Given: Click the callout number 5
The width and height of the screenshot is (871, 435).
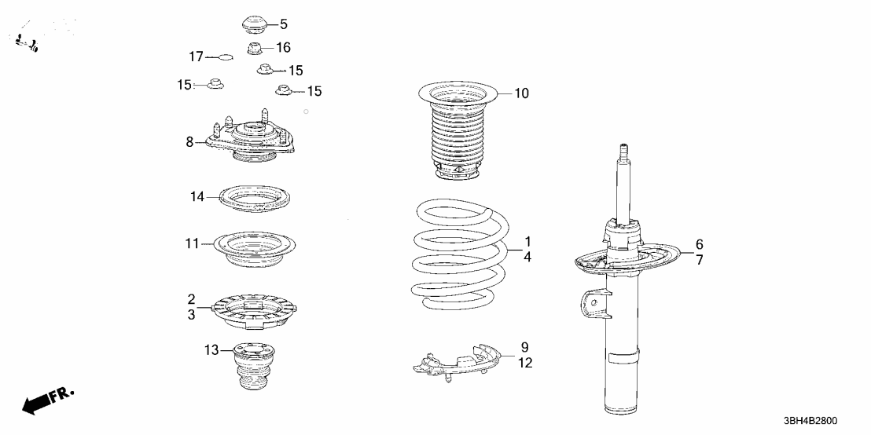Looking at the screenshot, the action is point(283,24).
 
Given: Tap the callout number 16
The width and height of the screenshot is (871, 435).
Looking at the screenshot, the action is point(283,48).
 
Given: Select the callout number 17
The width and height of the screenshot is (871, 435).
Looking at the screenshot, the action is point(197,57).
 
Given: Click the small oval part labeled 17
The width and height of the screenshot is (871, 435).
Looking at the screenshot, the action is point(225,57).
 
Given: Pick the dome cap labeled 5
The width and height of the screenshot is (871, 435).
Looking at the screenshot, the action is point(255,25).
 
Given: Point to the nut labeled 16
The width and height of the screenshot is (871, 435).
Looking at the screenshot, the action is point(255,49).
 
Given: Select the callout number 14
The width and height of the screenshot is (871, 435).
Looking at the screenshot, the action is point(197,197).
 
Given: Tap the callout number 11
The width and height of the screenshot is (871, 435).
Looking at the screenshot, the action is point(192,243).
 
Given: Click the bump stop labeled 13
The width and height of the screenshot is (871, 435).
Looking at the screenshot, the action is point(255,366).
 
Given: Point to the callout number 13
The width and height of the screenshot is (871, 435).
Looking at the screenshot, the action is point(211,350).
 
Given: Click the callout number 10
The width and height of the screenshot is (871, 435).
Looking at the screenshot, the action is point(522,93).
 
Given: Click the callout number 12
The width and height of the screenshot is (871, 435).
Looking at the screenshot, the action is point(525,363).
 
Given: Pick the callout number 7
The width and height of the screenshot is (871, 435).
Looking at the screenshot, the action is point(700,259).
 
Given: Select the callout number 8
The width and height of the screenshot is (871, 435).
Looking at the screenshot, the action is point(189,143).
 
